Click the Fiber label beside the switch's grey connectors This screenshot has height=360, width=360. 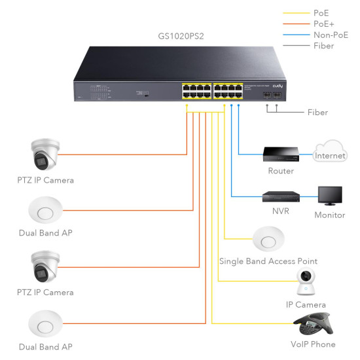tap(317, 113)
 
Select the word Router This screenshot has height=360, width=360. tap(281, 171)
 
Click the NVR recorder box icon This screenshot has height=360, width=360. tap(281, 196)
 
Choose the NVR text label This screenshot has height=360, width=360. tap(281, 211)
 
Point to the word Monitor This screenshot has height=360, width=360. tap(329, 215)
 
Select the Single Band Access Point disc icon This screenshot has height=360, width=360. tap(268, 240)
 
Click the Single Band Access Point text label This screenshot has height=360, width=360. tap(268, 261)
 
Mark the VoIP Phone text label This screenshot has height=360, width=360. tap(312, 344)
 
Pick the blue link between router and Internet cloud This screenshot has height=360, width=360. tap(306, 154)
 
